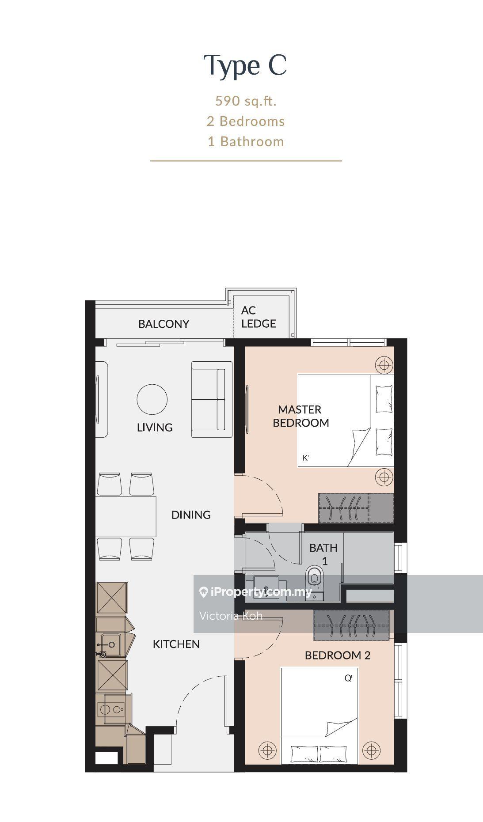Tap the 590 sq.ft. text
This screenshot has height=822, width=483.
[246, 101]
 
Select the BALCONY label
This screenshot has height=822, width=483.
[164, 324]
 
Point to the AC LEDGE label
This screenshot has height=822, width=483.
[259, 317]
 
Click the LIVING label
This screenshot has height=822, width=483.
[155, 428]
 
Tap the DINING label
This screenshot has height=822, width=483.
[191, 515]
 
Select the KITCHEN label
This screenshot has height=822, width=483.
[176, 644]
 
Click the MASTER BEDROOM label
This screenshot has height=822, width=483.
[301, 416]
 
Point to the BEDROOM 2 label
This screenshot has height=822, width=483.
[338, 655]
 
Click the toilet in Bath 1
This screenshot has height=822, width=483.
[314, 579]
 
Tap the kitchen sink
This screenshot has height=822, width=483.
[109, 645]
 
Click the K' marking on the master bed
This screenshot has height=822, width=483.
[305, 458]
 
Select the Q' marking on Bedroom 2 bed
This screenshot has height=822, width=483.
[348, 678]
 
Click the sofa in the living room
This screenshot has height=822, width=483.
[212, 399]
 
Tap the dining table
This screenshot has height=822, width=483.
[126, 516]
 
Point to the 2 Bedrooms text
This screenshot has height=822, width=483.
[246, 121]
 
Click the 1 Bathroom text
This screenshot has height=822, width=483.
[246, 142]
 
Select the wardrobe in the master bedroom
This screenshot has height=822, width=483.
[356, 508]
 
